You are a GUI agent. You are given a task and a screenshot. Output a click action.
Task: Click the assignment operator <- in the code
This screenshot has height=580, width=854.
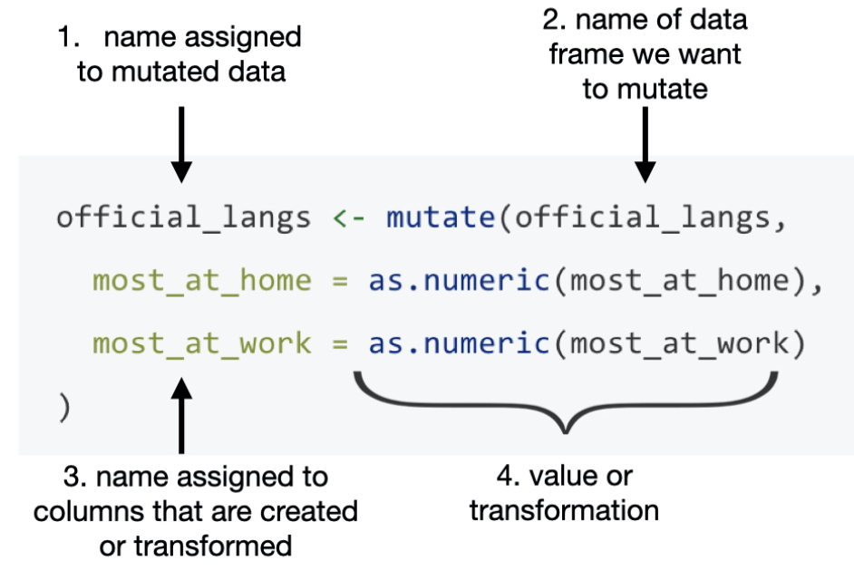point(348,219)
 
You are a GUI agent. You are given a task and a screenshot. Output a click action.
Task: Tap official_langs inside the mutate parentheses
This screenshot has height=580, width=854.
point(645,219)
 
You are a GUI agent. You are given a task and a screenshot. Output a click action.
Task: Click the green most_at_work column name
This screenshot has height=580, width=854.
point(201,344)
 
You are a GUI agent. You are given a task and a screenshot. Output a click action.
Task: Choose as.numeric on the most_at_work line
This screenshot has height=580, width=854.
point(459,344)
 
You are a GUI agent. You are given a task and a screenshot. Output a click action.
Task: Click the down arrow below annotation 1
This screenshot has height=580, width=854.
point(181,145)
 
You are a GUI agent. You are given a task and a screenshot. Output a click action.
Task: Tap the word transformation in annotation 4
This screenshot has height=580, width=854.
point(564,510)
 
